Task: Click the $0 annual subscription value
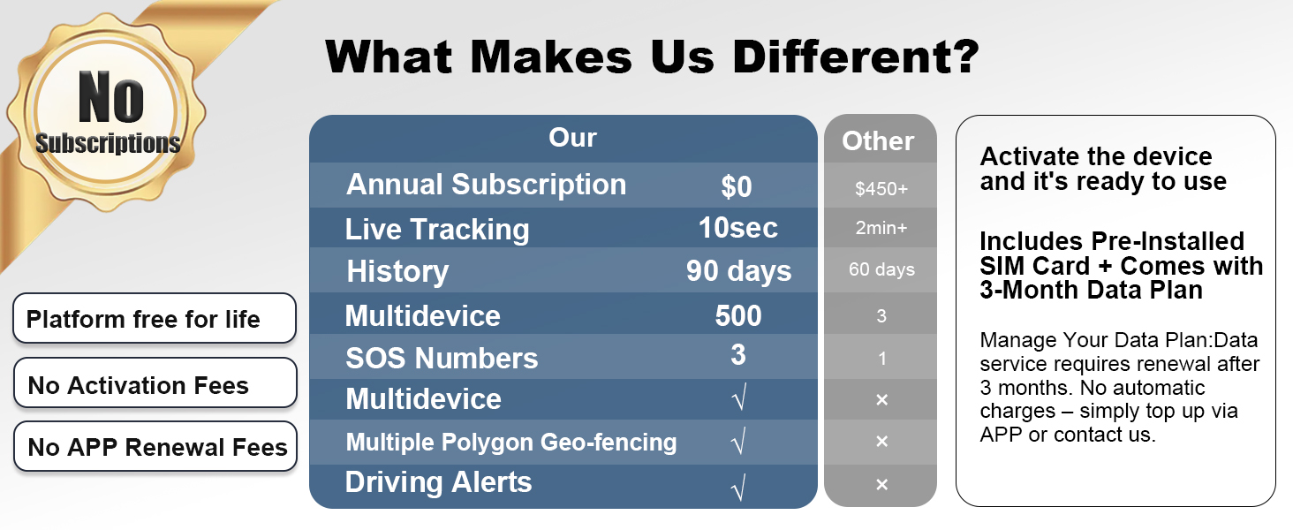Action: (736, 186)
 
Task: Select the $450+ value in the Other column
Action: (881, 188)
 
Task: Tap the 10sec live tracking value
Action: (737, 228)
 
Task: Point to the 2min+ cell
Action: (881, 228)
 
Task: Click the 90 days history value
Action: (739, 271)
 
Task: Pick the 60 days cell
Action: (881, 269)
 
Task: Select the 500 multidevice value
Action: (738, 316)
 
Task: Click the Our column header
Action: (572, 138)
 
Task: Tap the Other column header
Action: (878, 140)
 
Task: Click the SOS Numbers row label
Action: (442, 358)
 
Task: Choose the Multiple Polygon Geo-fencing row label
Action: (510, 443)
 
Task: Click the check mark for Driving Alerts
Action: (738, 487)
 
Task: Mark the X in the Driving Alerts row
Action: (881, 484)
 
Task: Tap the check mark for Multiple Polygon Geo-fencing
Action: (738, 441)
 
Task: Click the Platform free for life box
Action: (155, 318)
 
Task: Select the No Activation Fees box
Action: (155, 382)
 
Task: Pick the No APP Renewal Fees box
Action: (155, 446)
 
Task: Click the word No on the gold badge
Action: (110, 97)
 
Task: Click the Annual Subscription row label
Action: (486, 185)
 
